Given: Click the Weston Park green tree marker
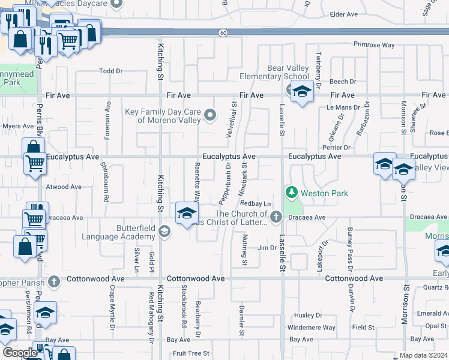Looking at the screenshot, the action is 292,193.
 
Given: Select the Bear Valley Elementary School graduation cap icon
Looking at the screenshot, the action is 302,92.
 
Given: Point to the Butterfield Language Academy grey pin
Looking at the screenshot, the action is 164,231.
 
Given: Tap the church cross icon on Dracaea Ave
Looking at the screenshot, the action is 276,217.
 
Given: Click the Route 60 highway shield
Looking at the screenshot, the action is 223,34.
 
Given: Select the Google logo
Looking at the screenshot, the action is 20,353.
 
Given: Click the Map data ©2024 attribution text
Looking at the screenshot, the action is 423,355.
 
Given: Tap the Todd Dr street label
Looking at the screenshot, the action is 110,71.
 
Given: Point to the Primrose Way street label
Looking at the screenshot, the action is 373,45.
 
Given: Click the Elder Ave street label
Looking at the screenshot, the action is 344,14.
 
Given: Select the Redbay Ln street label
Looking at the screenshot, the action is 252,205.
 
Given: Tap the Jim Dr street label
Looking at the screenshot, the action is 266,248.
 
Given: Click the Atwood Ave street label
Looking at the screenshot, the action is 64,187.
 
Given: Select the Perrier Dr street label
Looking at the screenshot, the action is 337,148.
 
